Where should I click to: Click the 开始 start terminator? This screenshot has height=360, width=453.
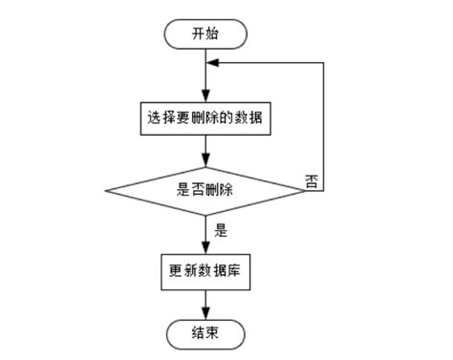(x=206, y=33)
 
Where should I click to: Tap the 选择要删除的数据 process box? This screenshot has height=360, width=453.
(x=206, y=119)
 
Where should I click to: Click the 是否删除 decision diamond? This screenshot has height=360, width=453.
(x=206, y=189)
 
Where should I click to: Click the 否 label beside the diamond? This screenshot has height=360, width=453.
(x=312, y=180)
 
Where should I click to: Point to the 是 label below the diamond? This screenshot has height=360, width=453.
(x=221, y=229)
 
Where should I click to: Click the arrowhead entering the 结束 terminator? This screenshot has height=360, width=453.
(x=206, y=313)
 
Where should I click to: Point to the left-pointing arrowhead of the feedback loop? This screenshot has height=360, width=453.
(x=213, y=64)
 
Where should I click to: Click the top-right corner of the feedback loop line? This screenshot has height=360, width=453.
(x=323, y=64)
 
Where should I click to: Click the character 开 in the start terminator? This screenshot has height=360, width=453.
(x=198, y=33)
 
